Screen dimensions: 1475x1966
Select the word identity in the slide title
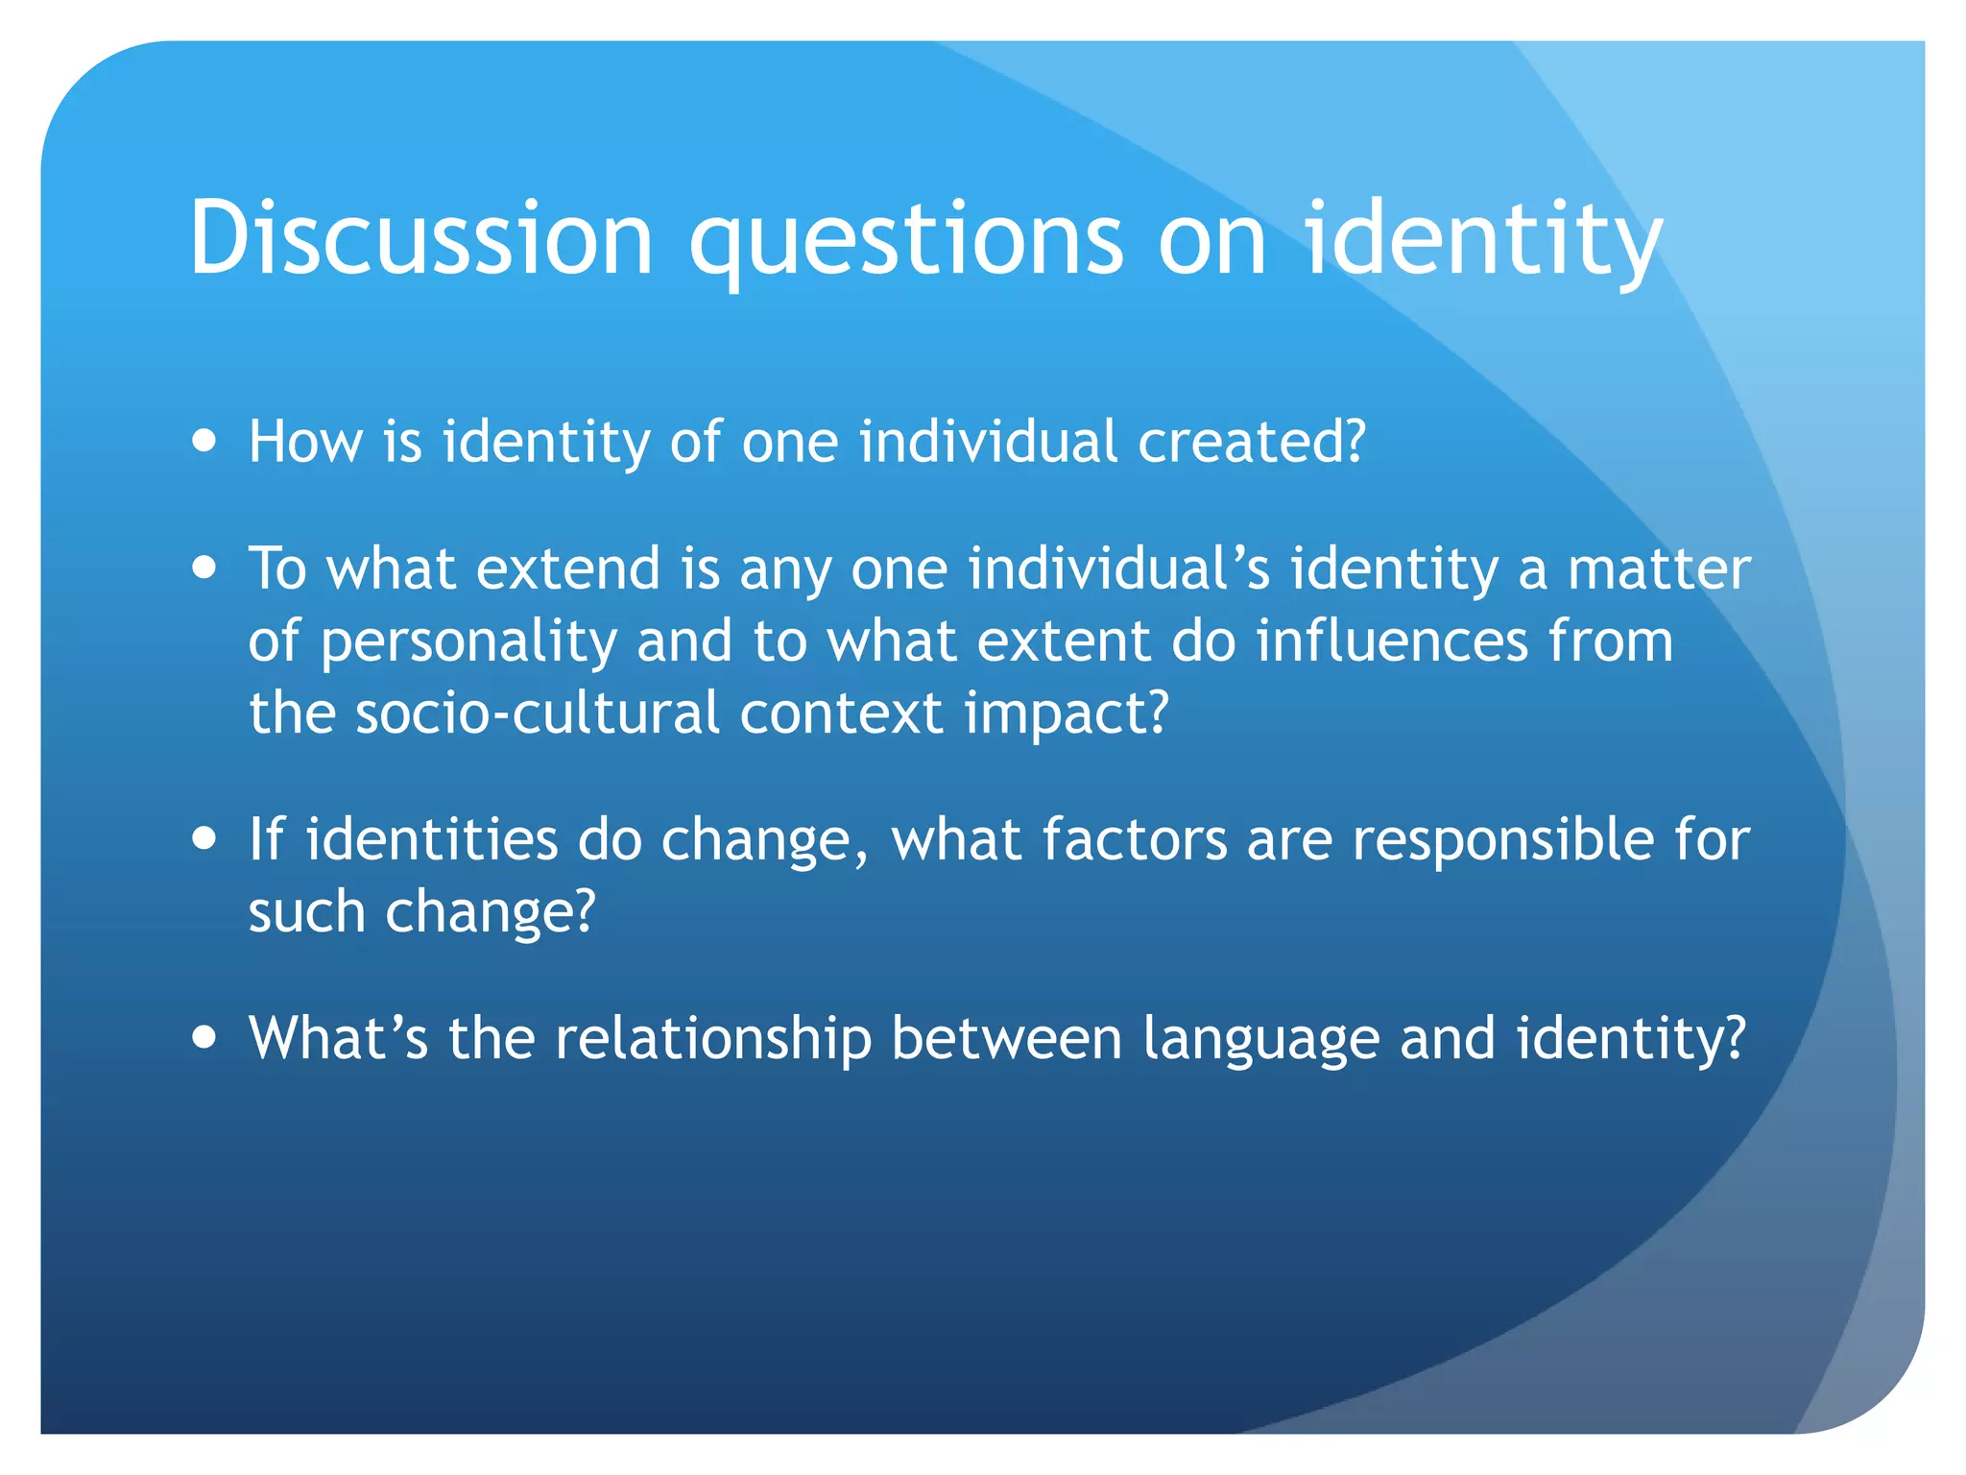tap(1482, 240)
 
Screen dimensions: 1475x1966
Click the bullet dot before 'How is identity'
tap(204, 441)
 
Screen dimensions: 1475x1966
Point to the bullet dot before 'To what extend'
tap(204, 567)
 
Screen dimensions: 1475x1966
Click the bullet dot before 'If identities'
tap(204, 838)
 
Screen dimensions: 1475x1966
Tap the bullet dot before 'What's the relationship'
tap(204, 1037)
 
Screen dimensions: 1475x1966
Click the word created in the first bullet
tap(1251, 442)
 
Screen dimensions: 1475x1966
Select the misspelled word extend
tap(568, 568)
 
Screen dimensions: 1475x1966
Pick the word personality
tap(468, 643)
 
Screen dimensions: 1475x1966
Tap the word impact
tap(1066, 715)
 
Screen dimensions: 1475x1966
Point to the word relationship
tap(713, 1040)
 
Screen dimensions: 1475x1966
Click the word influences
tap(1392, 641)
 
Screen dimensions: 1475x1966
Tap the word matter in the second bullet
tap(1659, 568)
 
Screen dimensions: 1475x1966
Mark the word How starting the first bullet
tap(305, 442)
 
